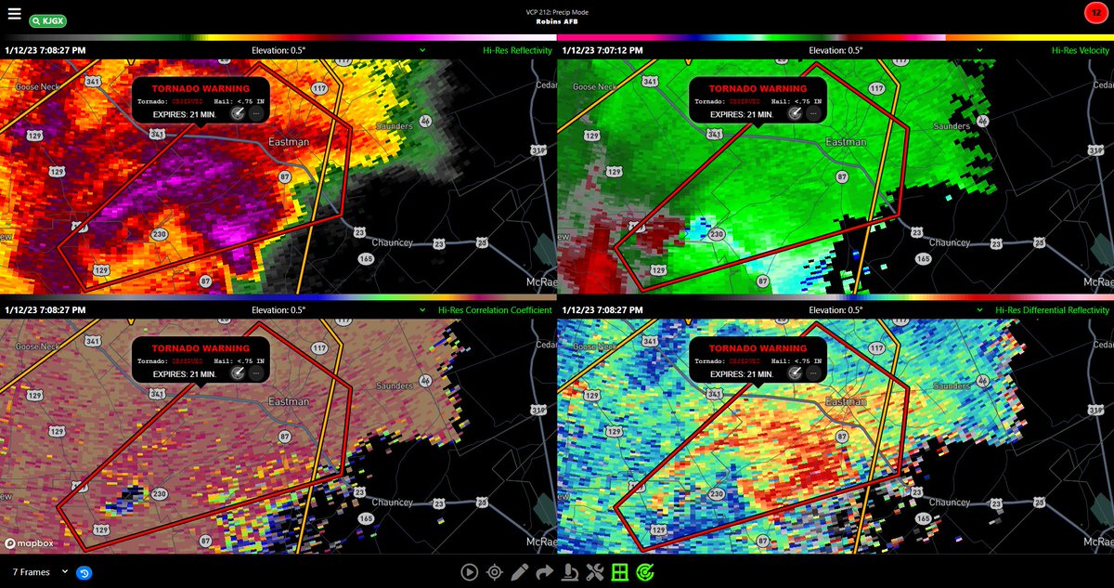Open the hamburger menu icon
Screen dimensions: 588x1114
pos(14,14)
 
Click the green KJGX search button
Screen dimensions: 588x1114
pos(47,20)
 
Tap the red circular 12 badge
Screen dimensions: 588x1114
pos(1095,13)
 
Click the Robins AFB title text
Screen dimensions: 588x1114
pos(557,20)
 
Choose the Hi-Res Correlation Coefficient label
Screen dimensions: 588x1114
pos(495,310)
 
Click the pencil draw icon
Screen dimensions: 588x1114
pos(519,572)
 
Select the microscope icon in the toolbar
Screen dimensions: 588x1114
pos(570,572)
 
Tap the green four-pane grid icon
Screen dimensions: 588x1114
pos(619,572)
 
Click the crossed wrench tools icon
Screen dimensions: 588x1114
pos(595,572)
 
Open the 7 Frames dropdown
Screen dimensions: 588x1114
pos(40,572)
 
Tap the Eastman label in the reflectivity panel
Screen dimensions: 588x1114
pos(289,142)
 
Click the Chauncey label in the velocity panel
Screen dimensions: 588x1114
pos(949,242)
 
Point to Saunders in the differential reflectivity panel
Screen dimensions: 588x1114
pos(951,385)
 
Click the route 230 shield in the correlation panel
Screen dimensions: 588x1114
pos(159,493)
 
